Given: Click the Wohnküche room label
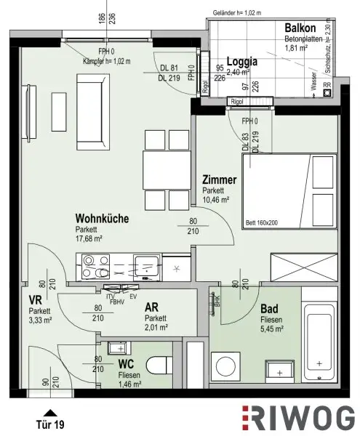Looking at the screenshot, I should coord(103,217).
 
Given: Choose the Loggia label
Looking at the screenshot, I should coord(244,61).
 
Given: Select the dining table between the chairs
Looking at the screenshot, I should coord(166,168).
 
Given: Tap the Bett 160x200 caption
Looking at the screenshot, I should coord(261,223).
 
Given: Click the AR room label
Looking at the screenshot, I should coord(152,307).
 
